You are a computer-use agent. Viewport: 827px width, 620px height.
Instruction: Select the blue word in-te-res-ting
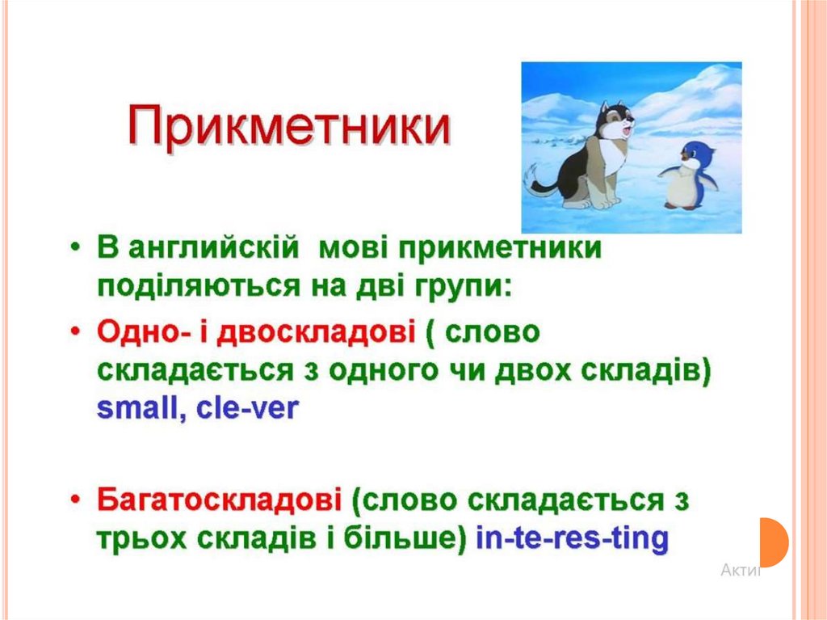572,538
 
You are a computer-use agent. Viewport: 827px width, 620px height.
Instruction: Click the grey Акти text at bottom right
741,571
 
